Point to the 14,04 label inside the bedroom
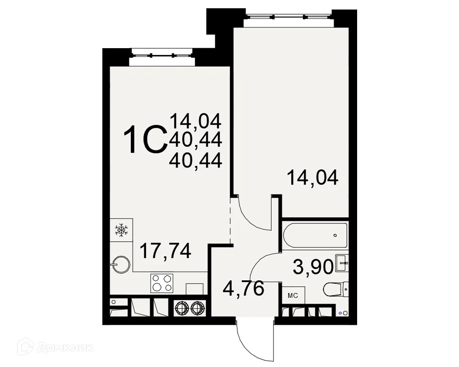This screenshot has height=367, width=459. pyautogui.click(x=313, y=178)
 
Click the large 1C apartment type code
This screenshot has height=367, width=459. pyautogui.click(x=145, y=141)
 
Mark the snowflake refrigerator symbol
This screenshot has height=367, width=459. pyautogui.click(x=121, y=229)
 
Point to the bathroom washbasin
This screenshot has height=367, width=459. pyautogui.click(x=342, y=263)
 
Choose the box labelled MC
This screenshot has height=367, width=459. pyautogui.click(x=292, y=295)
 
